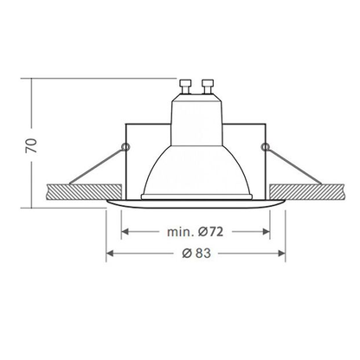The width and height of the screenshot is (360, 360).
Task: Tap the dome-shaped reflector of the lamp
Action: click(x=196, y=164)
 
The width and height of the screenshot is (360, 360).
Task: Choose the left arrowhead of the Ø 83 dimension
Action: click(x=110, y=254)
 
